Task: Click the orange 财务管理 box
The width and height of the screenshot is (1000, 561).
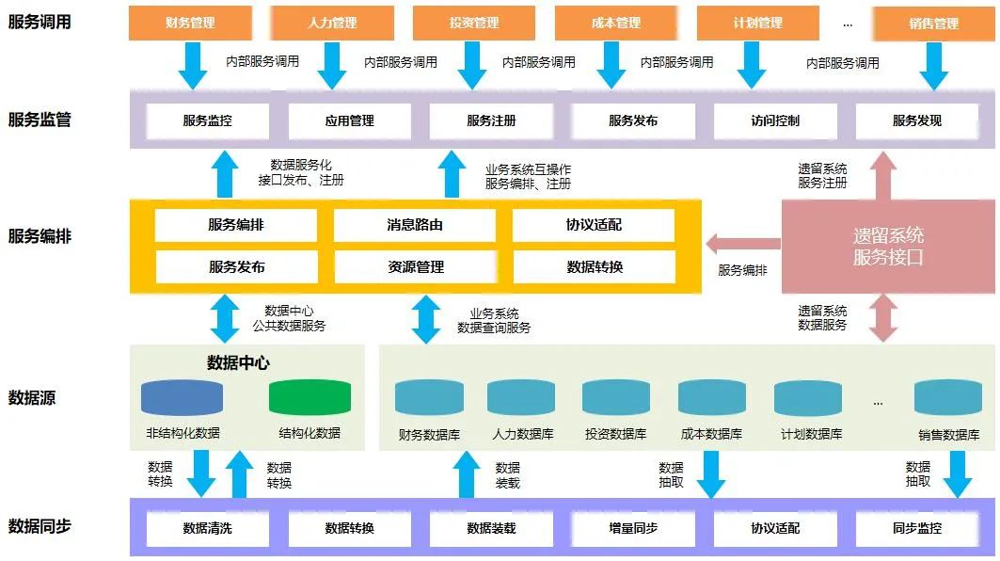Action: click(x=190, y=23)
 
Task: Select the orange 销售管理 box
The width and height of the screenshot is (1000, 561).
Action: click(x=933, y=24)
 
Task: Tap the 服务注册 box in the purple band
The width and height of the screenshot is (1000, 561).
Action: click(x=491, y=120)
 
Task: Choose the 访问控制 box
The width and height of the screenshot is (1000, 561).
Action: click(x=775, y=120)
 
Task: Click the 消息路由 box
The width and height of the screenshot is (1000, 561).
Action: click(x=415, y=226)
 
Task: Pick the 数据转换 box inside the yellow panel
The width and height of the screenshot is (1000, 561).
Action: click(x=595, y=267)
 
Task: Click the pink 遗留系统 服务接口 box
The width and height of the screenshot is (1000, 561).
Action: click(x=888, y=246)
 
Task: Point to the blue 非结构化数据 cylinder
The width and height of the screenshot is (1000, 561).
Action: click(x=183, y=398)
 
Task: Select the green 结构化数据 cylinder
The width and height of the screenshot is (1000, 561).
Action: click(x=310, y=398)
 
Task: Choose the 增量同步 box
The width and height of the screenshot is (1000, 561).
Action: click(x=633, y=528)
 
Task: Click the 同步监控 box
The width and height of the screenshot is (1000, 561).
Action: click(x=917, y=528)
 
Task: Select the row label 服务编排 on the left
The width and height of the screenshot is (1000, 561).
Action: click(x=40, y=235)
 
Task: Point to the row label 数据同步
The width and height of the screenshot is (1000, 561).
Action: click(x=40, y=526)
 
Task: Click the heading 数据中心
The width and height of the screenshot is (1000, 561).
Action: click(x=239, y=362)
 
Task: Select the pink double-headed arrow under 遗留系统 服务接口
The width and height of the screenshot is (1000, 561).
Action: click(x=883, y=317)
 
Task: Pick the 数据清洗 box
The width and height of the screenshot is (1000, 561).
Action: click(x=207, y=528)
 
